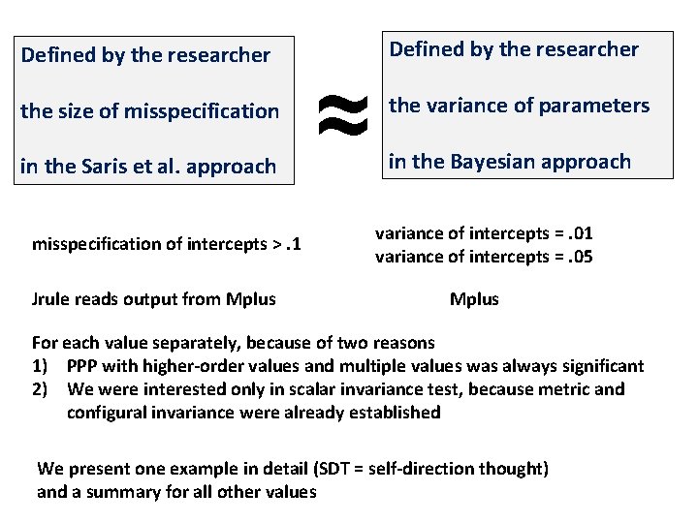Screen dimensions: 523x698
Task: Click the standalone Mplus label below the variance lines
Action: point(474,299)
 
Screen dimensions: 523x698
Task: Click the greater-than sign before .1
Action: point(276,243)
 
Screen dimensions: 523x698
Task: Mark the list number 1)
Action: point(43,366)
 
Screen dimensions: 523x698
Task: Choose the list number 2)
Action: point(43,389)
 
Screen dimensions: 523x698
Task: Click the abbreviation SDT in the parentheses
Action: point(348,469)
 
